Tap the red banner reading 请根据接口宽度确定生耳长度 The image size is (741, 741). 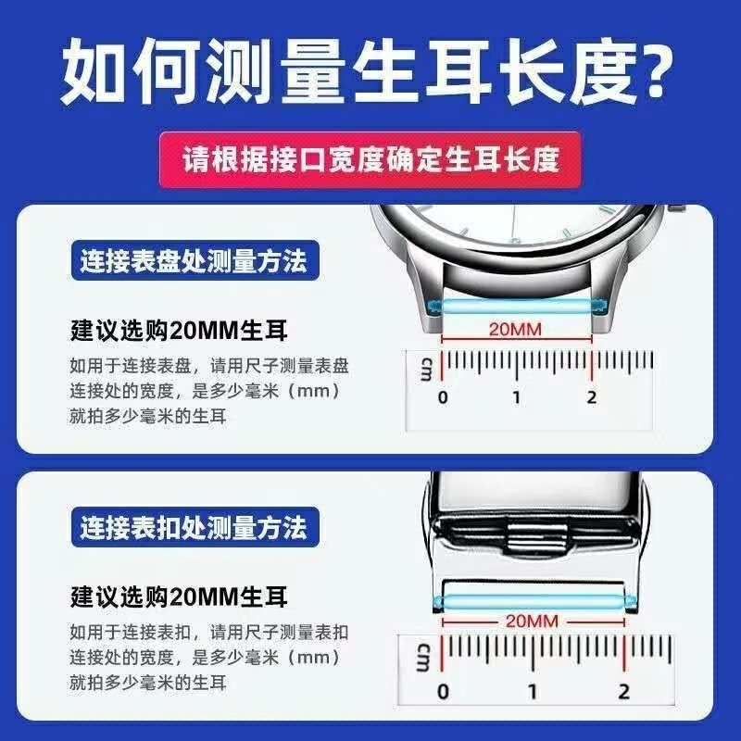pos(370,159)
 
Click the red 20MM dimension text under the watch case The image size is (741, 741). pos(515,330)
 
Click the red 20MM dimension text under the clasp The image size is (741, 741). pos(532,621)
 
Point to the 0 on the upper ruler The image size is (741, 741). pos(443,397)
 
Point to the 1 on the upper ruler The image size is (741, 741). pos(516,397)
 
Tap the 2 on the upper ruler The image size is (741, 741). pos(591,397)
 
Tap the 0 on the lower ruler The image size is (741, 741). pos(443,691)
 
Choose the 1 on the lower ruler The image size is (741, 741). pos(533,691)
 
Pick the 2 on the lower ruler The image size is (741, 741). pos(624,691)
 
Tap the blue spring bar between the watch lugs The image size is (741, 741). pos(517,306)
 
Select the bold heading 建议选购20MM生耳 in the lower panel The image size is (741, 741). pos(179,596)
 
